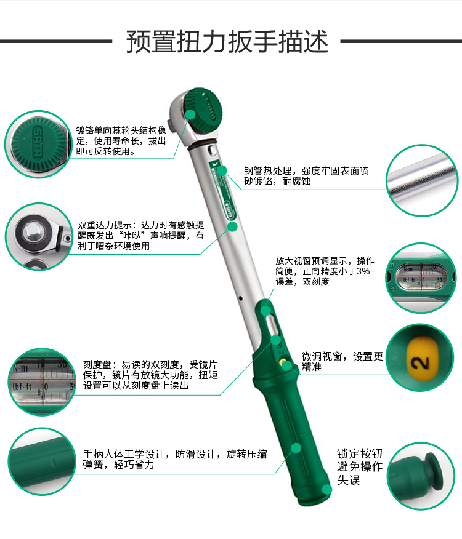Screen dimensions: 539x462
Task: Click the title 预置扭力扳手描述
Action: [227, 42]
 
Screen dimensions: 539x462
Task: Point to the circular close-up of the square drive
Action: [39, 236]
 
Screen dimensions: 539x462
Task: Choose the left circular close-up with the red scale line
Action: [39, 380]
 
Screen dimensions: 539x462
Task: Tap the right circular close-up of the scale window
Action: [422, 277]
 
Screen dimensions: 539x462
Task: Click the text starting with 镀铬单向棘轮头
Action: [121, 140]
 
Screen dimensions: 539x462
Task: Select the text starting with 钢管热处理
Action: [306, 176]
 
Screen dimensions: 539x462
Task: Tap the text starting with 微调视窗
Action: [342, 361]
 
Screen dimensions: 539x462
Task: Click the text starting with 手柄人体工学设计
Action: [175, 460]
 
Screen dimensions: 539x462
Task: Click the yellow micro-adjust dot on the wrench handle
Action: [282, 363]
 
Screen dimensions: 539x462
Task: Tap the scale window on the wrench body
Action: [274, 325]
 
